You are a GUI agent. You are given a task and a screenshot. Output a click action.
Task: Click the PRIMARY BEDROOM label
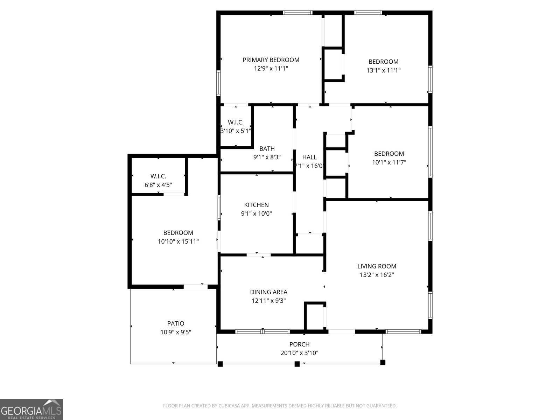[x=271, y=60]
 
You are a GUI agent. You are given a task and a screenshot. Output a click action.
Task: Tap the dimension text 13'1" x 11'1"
[x=383, y=70]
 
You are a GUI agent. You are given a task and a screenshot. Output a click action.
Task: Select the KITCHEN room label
[x=256, y=205]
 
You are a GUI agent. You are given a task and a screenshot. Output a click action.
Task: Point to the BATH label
[x=267, y=149]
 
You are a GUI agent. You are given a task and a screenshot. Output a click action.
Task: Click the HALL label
[x=309, y=157]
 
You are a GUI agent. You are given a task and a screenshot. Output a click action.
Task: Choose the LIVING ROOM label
[x=377, y=266]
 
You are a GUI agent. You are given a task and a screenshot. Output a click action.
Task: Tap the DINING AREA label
[x=268, y=292]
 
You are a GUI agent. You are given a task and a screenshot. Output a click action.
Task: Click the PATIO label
[x=176, y=324]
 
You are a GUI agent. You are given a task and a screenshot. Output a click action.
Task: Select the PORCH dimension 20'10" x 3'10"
[x=299, y=353]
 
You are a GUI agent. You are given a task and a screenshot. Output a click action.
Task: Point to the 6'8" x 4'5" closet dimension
[x=158, y=185]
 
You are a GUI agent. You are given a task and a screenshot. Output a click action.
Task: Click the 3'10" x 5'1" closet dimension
[x=236, y=131]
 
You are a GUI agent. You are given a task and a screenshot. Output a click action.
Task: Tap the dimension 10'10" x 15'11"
[x=178, y=241]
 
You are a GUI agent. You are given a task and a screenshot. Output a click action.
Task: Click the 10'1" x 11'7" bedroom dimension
[x=389, y=162]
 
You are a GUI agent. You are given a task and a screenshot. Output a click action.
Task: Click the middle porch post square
[x=297, y=364]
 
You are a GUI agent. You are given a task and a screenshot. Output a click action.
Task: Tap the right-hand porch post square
[x=383, y=363]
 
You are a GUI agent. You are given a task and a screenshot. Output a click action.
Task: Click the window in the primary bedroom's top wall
[x=297, y=13]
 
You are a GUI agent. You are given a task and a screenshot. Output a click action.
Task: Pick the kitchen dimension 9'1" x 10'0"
[x=256, y=214]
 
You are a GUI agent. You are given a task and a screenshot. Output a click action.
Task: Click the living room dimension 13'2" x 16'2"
[x=377, y=275]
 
